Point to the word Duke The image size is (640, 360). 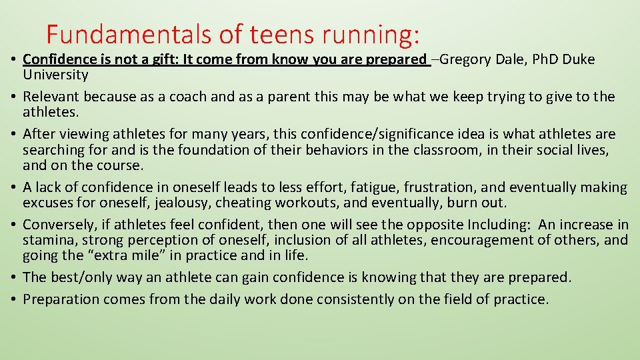580,59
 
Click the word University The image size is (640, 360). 55,75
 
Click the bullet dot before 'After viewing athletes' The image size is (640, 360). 13,135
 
